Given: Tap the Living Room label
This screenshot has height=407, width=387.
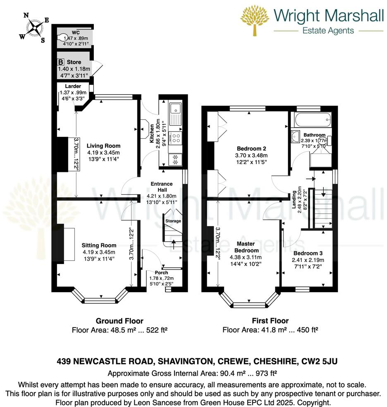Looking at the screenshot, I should tap(103, 146).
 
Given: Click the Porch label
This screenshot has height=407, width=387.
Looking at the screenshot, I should tap(162, 273).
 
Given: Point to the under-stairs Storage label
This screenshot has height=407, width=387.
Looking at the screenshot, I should tap(173, 221).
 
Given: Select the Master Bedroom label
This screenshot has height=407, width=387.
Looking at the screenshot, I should tap(247, 247).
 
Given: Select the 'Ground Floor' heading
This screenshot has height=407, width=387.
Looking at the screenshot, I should tap(119, 321).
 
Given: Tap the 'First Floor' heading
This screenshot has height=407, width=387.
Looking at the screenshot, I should tap(270, 321).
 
